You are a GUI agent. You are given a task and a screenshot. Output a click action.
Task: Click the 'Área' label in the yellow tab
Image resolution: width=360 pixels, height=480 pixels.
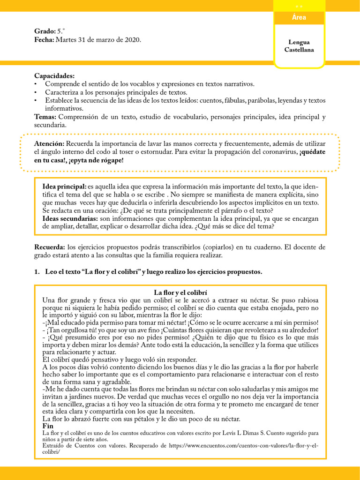pos(299,18)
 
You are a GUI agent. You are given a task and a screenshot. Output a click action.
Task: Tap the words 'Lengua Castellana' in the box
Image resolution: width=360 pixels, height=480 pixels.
pos(299,46)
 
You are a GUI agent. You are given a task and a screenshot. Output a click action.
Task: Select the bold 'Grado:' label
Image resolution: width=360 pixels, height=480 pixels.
pos(45,31)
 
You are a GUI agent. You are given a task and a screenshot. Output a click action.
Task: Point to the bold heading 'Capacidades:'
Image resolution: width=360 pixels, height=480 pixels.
pos(54,76)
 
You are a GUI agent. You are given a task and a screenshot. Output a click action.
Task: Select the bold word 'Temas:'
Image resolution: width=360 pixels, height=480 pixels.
pos(45,117)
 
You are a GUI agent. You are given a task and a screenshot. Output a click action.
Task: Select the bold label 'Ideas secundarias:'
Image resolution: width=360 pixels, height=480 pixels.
pos(70,218)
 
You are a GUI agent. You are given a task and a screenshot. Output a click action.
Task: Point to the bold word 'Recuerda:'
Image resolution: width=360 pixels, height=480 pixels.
pos(50,247)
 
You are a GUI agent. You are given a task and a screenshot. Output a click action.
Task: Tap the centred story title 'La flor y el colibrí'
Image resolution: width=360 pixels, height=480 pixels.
pos(180,292)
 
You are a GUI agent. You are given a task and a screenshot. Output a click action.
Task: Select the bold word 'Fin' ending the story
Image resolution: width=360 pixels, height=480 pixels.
pos(48,426)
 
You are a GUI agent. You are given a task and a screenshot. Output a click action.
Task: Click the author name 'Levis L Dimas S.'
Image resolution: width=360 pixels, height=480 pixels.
pos(233,434)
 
